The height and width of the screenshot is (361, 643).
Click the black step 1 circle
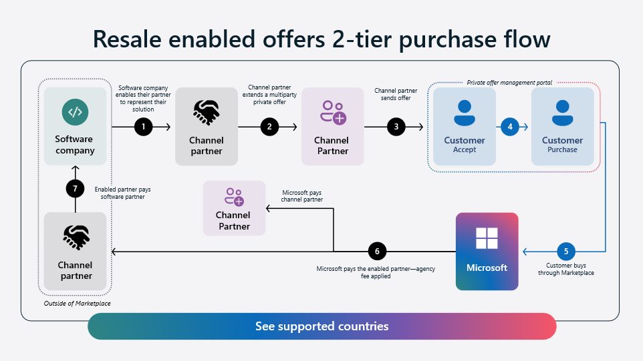[144, 127]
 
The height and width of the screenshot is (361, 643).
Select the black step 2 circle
[269, 127]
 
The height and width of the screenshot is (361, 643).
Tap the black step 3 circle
[396, 127]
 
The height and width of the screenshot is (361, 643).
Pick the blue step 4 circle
[510, 127]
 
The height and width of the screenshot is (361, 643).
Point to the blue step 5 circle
[566, 252]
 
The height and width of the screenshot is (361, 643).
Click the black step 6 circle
[377, 252]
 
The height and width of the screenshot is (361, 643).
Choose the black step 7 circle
[75, 189]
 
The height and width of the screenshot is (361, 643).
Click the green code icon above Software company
[75, 112]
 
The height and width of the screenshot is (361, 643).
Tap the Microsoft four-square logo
[487, 238]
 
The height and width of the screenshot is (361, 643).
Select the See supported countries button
[322, 326]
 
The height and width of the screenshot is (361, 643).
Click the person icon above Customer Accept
[465, 113]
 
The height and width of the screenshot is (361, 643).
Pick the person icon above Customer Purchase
[563, 113]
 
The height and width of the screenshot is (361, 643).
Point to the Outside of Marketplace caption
[77, 304]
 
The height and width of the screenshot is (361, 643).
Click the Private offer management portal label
[509, 83]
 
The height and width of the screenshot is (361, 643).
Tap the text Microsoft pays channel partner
[302, 196]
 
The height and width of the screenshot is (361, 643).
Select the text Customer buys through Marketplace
[566, 269]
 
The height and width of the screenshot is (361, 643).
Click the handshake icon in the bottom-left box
[76, 238]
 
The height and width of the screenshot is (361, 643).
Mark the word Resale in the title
[127, 39]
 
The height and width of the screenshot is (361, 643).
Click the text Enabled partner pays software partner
[122, 193]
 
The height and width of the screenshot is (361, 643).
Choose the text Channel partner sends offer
[396, 94]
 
